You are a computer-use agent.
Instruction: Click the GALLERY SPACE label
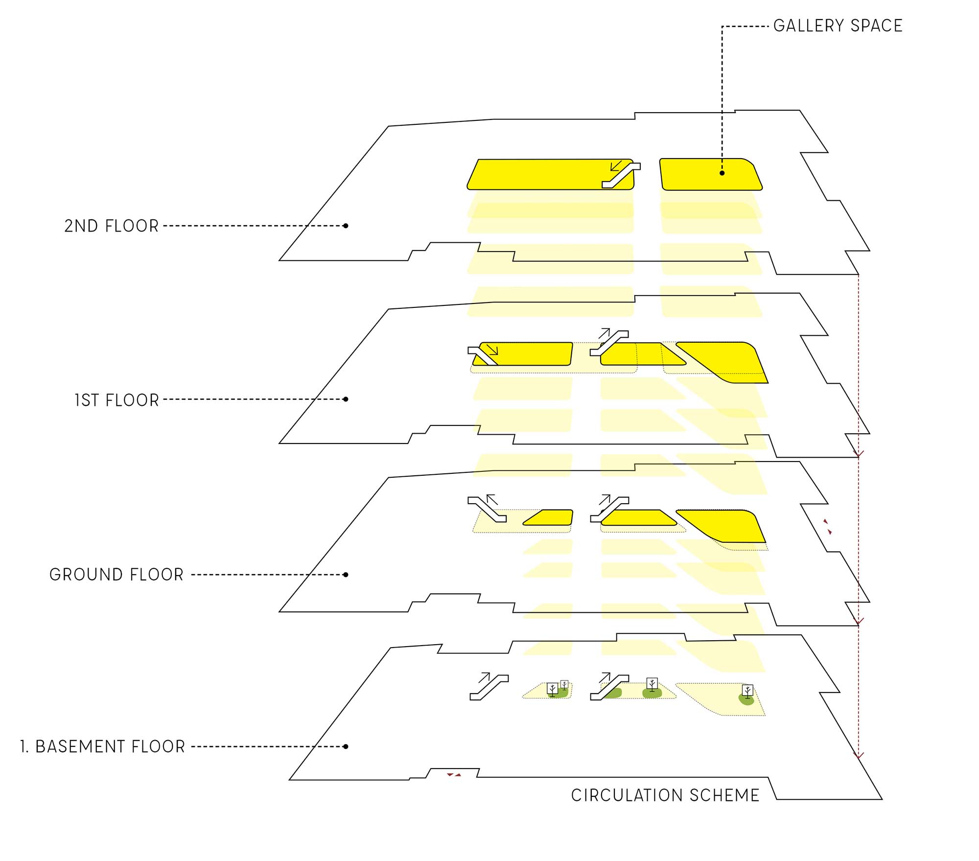[838, 25]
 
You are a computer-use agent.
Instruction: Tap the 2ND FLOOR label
[112, 226]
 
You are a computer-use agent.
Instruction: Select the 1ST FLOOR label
[117, 400]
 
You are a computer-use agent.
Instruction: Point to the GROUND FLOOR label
[117, 575]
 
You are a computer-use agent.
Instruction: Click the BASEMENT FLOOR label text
[110, 747]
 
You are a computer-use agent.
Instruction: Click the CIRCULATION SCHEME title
[665, 796]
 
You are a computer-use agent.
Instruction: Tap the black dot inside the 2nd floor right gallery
[722, 173]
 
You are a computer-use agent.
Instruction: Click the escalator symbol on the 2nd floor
[621, 176]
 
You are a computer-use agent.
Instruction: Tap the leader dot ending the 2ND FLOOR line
[346, 226]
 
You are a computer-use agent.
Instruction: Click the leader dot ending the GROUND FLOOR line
[346, 575]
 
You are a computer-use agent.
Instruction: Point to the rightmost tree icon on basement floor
[747, 691]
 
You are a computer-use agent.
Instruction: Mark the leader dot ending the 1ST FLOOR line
[346, 399]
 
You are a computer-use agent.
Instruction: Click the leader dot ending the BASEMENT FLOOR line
[346, 746]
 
